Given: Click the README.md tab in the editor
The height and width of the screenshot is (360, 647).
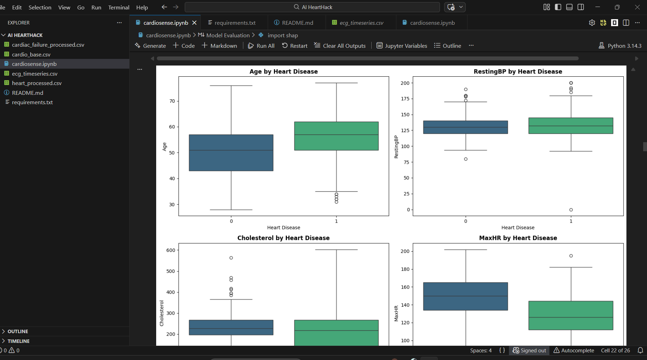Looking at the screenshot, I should coord(297,23).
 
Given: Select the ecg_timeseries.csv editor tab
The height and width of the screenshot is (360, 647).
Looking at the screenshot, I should coord(361,23).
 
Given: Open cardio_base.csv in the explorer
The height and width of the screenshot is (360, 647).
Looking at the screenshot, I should coord(31,54).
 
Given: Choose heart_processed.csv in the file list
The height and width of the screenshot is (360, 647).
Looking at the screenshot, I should coord(37,83).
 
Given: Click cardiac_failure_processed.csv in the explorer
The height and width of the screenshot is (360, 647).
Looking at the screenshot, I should coord(48,45).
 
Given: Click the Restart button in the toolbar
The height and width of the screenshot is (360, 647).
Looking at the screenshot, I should coord(295,46).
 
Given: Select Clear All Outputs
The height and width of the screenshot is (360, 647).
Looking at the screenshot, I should coord(340,46).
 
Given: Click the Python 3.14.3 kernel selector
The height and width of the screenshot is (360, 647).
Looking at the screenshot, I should coord(620,46).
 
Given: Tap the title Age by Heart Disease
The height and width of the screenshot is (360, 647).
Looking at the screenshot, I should coord(283,71).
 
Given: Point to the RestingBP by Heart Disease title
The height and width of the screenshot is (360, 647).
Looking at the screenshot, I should coord(518,71).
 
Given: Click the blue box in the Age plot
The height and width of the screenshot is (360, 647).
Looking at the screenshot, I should coord(231,153).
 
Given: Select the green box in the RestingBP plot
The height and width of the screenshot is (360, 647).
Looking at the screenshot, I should coord(571,126).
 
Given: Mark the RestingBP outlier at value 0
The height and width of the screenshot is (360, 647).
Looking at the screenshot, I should coord(571,210).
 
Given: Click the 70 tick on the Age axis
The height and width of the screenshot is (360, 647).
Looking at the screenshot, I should coord(172,101).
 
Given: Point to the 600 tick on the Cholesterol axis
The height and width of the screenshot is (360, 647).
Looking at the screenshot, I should coord(170,250).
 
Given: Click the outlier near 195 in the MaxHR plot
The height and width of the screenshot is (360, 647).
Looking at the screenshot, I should coord(571,256).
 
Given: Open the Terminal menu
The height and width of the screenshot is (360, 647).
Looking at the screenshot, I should coord(119,7).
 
